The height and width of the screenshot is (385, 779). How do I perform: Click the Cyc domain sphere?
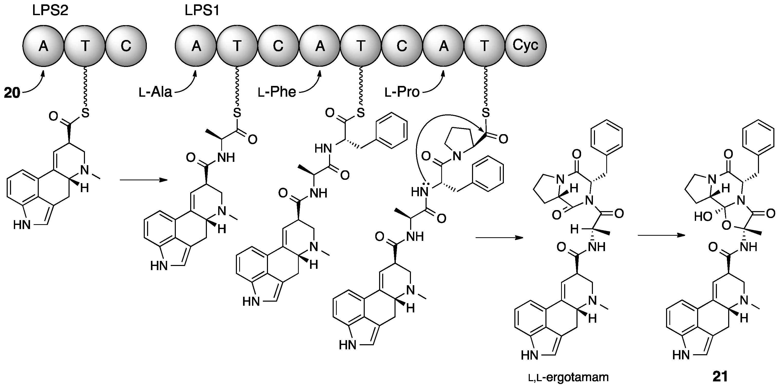(x=525, y=46)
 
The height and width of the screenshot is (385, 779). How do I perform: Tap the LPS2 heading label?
(x=50, y=11)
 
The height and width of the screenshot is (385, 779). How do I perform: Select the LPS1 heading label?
(x=202, y=11)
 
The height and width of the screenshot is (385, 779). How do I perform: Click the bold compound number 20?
(x=12, y=93)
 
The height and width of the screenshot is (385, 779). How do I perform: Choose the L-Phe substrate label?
(x=277, y=92)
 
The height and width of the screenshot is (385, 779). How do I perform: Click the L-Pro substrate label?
(x=402, y=92)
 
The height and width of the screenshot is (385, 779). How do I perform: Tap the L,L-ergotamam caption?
(x=568, y=377)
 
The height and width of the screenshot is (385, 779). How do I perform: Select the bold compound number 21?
(x=720, y=377)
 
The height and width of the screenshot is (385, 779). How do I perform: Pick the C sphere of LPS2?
(x=126, y=46)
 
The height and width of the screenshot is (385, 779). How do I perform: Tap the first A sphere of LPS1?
(x=196, y=46)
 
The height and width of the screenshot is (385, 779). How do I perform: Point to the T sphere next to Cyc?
(x=484, y=46)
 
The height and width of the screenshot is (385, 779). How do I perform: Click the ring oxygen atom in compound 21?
(x=726, y=226)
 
